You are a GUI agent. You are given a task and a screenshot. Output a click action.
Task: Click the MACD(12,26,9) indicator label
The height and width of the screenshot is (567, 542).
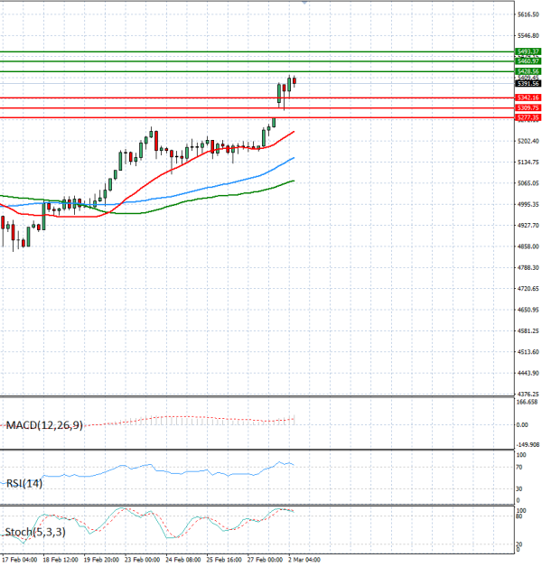pos(44,424)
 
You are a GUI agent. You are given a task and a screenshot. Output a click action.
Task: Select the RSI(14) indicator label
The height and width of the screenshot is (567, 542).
pos(24,483)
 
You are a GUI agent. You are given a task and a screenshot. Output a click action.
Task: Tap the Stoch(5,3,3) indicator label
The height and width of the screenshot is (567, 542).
pos(34,532)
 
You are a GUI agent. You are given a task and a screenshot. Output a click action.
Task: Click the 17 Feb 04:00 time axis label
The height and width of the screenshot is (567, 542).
pos(19,560)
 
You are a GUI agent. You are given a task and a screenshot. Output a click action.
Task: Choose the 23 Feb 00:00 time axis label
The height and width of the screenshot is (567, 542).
pos(144,560)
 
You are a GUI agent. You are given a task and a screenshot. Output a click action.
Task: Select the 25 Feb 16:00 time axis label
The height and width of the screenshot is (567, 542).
pos(225,560)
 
